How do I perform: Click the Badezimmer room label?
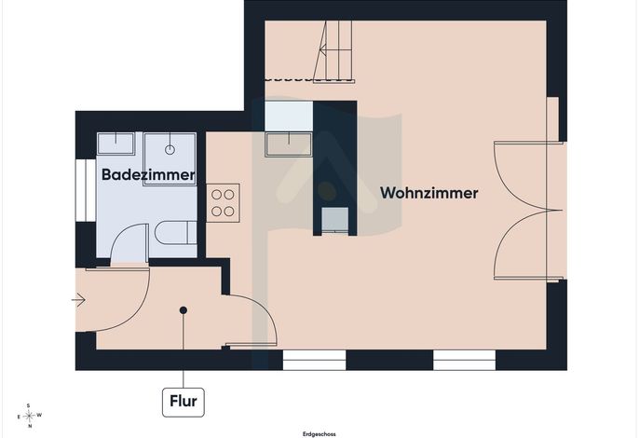pos(148,174)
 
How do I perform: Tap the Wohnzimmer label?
pos(429,193)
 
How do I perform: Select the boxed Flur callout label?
pos(184,402)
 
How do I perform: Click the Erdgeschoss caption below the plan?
pos(319,434)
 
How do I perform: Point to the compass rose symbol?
pos(29,416)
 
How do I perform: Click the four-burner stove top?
pos(223,202)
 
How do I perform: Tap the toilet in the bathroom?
pos(176,232)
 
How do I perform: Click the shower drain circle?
pos(170,150)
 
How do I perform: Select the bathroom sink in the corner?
pos(116,144)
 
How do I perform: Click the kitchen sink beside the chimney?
pos(289,144)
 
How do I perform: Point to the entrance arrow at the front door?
pos(78,301)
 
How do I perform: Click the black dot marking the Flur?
pos(184,310)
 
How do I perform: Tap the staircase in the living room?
pos(333,51)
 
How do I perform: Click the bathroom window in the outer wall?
pos(86,190)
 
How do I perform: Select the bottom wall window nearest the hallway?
pos(314,360)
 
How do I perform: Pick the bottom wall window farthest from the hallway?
pos(464,360)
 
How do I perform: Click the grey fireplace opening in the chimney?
pos(335,220)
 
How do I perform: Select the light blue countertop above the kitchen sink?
pos(289,116)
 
